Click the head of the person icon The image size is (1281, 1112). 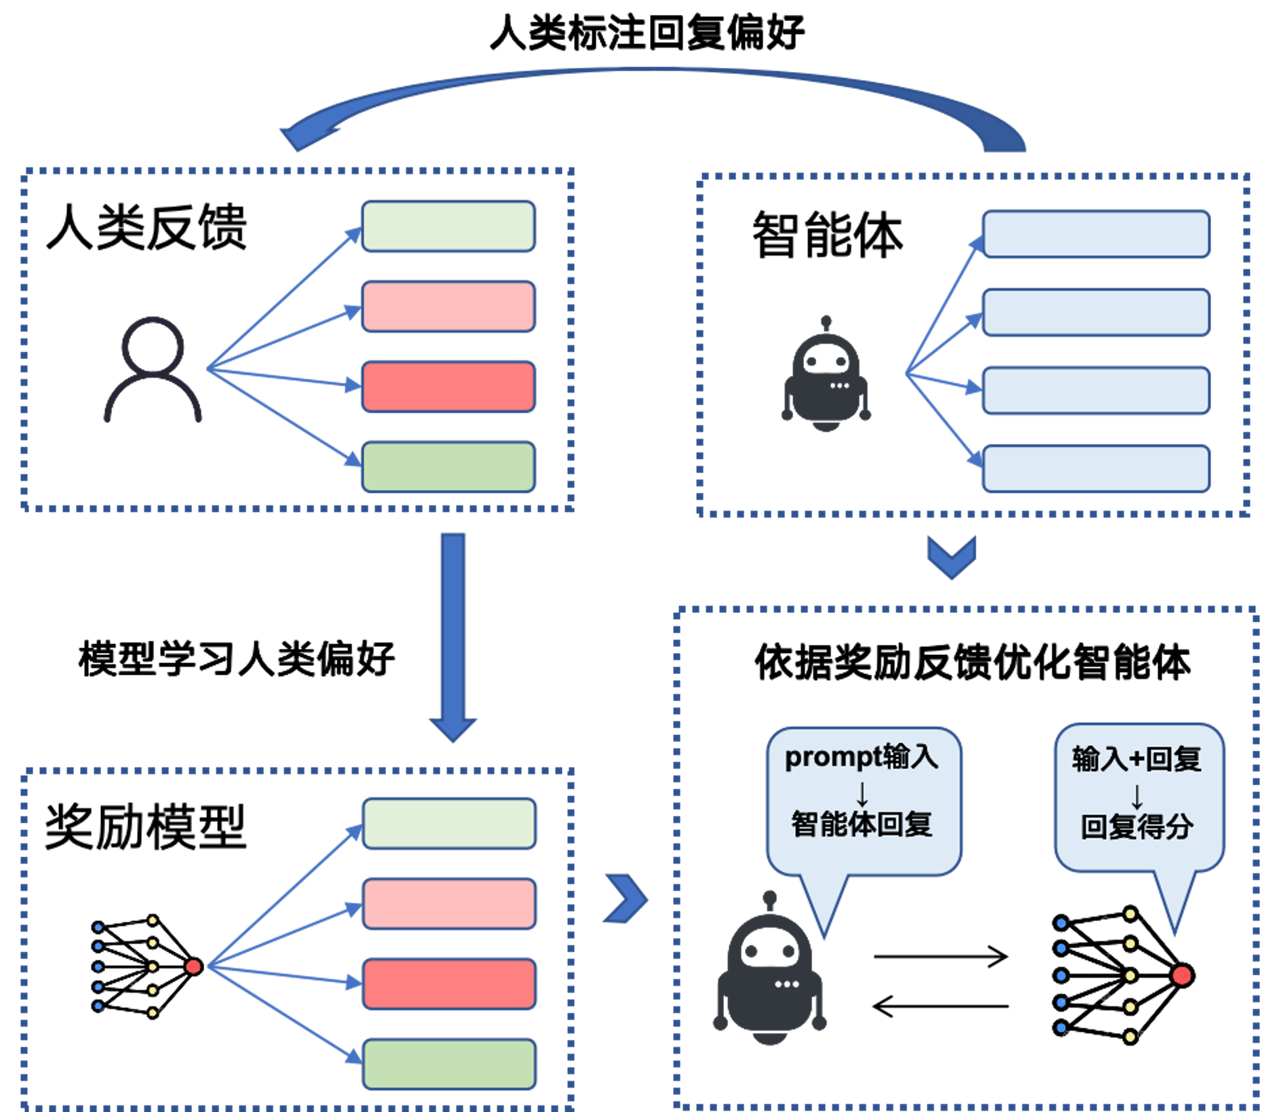pyautogui.click(x=152, y=344)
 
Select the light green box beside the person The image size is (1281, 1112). pyautogui.click(x=448, y=226)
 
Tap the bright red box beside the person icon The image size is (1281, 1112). pyautogui.click(x=448, y=386)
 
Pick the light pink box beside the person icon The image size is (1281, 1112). pyautogui.click(x=448, y=306)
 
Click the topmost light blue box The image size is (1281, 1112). pyautogui.click(x=1095, y=235)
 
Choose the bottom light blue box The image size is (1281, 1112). pyautogui.click(x=1095, y=469)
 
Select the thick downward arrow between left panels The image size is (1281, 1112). pyautogui.click(x=453, y=637)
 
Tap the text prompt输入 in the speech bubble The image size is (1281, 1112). pyautogui.click(x=861, y=757)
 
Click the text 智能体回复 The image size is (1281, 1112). pyautogui.click(x=861, y=825)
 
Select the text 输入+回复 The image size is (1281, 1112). pyautogui.click(x=1137, y=759)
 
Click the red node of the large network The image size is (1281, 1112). pyautogui.click(x=1181, y=975)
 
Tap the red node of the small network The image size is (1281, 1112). pyautogui.click(x=193, y=966)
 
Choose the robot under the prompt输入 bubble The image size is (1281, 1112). pyautogui.click(x=769, y=973)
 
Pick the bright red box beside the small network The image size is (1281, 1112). pyautogui.click(x=449, y=984)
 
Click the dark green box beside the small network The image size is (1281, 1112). pyautogui.click(x=449, y=1064)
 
